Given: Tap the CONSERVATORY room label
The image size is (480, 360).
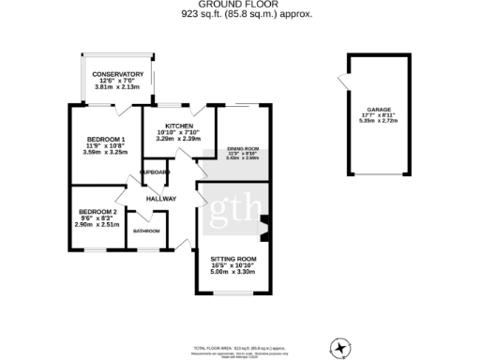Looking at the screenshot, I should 118,74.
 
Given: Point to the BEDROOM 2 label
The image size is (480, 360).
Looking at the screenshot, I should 97,212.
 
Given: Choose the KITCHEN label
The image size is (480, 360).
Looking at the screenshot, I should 179,126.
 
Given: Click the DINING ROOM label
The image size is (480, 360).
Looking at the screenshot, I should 243,149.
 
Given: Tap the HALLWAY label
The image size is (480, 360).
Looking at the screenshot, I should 160,199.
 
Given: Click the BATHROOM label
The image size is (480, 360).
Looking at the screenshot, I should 146,231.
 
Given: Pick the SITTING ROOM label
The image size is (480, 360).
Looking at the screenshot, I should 233,258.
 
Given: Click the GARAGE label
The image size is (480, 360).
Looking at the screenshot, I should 378,109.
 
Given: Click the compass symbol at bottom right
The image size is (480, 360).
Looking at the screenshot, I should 338,347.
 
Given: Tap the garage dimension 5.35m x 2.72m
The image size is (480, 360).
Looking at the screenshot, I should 378,122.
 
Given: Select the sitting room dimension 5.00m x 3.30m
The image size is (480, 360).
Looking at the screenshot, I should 233,272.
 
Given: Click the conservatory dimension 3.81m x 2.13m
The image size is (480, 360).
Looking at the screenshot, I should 118,87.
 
